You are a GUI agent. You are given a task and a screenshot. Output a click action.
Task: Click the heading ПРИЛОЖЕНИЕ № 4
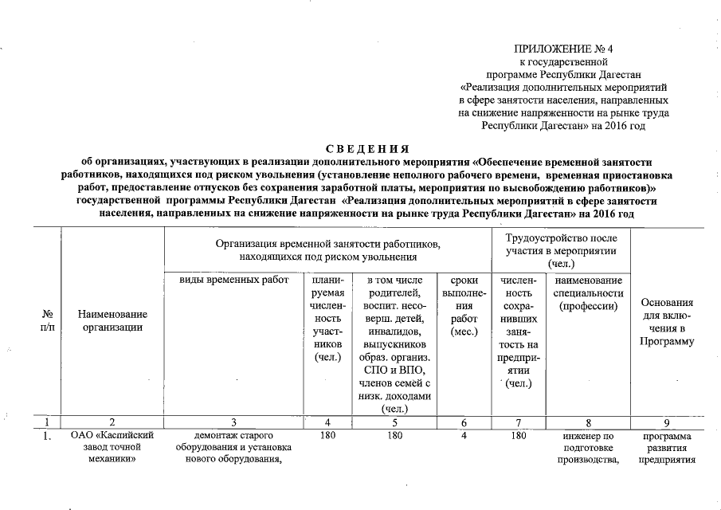click(563, 48)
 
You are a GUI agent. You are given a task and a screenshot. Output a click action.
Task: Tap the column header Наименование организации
click(112, 322)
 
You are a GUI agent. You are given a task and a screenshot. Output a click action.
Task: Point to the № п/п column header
click(48, 322)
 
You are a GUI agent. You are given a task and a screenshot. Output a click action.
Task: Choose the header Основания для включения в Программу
click(666, 322)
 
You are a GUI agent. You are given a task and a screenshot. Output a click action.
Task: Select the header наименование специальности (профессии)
click(588, 293)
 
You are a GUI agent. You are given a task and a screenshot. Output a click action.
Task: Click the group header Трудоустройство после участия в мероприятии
click(560, 250)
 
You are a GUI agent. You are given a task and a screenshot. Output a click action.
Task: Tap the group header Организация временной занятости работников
click(327, 250)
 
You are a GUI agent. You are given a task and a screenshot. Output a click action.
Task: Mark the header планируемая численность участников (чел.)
click(328, 319)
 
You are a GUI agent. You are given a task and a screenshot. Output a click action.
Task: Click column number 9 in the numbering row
click(666, 422)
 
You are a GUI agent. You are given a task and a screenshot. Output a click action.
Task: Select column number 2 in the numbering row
click(112, 422)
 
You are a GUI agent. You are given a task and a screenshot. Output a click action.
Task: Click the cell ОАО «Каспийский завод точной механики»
click(112, 448)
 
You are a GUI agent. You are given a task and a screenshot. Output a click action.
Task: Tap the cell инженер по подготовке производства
click(588, 449)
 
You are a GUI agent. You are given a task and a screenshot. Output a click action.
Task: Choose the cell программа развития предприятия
click(666, 449)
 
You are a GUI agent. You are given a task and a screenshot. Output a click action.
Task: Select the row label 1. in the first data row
click(48, 437)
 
